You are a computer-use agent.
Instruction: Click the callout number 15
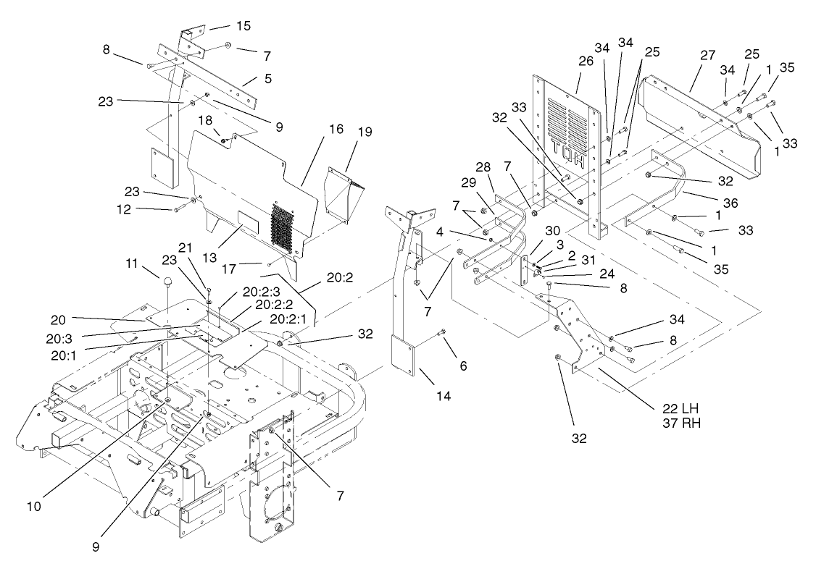243,26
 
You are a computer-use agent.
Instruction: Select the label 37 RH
682,423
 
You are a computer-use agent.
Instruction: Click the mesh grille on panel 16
285,224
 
